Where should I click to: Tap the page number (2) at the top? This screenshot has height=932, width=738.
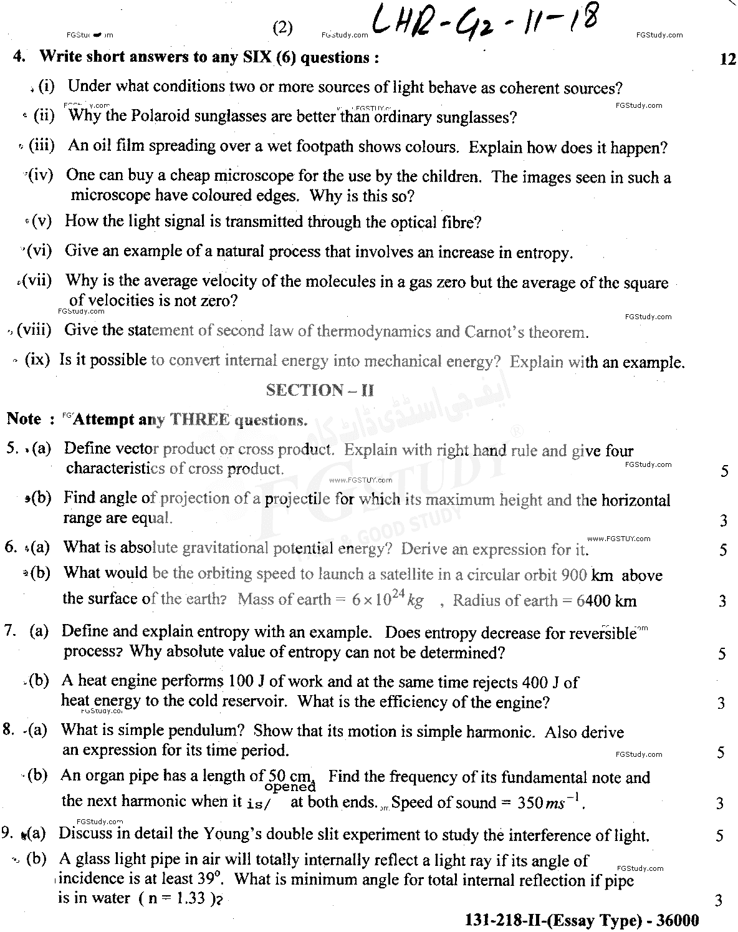click(282, 28)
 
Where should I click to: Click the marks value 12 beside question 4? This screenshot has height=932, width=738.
click(727, 59)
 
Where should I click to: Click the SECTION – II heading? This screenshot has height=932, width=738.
click(320, 390)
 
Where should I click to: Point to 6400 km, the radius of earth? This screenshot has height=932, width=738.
click(606, 601)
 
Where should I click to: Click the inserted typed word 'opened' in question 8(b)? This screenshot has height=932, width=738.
click(291, 787)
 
